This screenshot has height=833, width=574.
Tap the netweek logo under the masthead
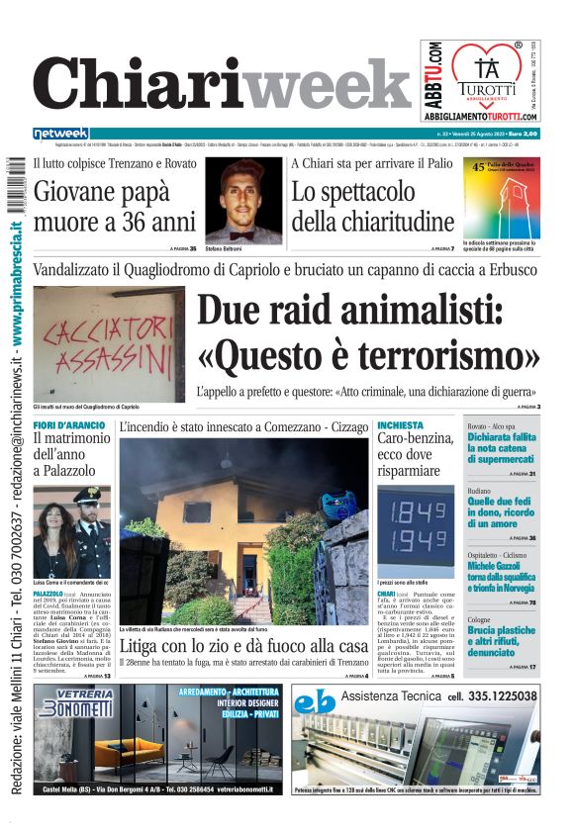[x=60, y=134]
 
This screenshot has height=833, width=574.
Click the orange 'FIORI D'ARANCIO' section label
[x=68, y=425]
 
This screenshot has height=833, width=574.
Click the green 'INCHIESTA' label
[x=400, y=425]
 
